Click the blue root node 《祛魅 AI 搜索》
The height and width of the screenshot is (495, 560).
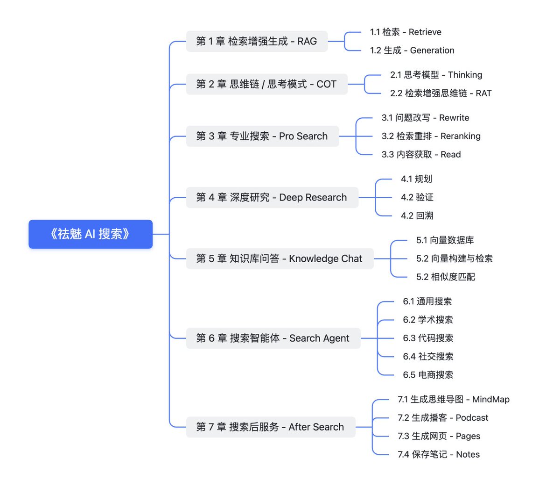click(91, 234)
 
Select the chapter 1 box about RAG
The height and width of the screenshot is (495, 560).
click(257, 41)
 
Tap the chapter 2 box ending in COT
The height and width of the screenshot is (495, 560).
click(267, 84)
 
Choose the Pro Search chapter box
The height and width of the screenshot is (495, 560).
click(262, 136)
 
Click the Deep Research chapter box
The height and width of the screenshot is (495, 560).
click(272, 197)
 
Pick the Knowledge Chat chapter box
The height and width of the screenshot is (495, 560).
click(280, 258)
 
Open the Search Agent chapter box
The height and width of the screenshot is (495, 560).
click(273, 338)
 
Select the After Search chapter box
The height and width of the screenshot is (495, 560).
click(271, 427)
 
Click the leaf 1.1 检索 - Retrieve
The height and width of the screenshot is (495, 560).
click(406, 32)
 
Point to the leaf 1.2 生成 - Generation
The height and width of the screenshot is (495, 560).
click(412, 50)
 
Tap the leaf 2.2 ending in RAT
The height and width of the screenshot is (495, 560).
click(441, 93)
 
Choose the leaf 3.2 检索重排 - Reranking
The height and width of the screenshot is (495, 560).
click(431, 136)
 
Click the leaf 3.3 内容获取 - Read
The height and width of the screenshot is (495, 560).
click(421, 154)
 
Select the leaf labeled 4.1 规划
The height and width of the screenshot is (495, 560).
click(416, 179)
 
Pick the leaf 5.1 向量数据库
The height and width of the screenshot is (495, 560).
click(445, 240)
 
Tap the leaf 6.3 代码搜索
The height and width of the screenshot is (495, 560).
click(428, 338)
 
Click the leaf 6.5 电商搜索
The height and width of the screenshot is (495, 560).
click(428, 375)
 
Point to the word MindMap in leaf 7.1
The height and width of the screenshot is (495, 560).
click(490, 400)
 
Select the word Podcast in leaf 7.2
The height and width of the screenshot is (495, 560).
click(472, 418)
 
